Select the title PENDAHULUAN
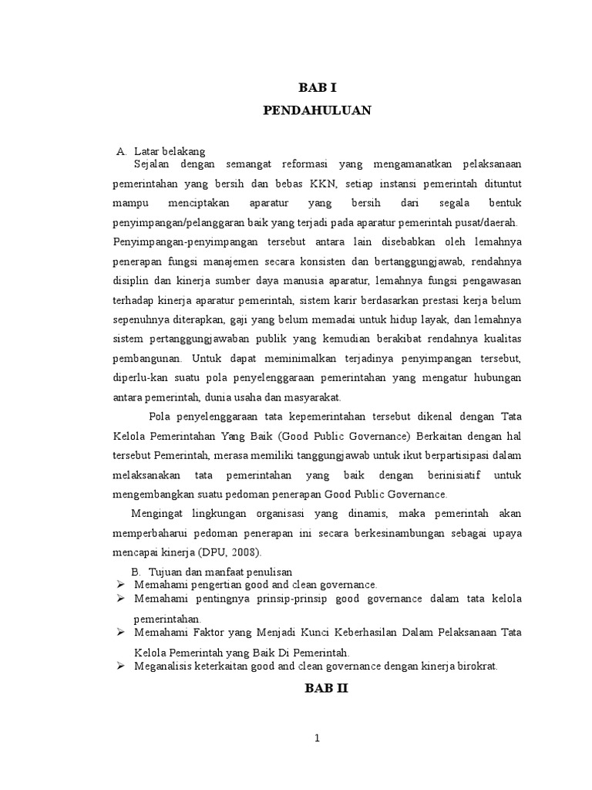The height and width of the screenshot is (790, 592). [316, 111]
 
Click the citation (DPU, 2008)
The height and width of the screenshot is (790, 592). [230, 552]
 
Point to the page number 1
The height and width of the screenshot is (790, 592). [316, 738]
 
